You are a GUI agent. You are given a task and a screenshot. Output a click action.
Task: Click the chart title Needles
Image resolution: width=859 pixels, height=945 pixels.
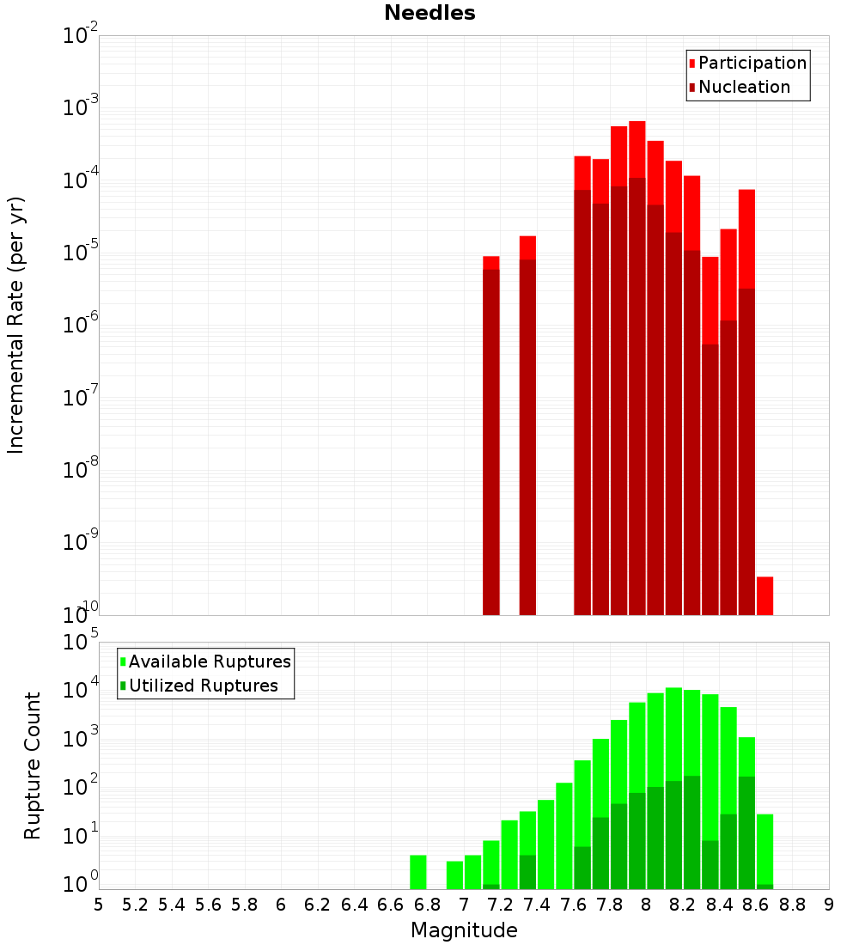click(x=429, y=13)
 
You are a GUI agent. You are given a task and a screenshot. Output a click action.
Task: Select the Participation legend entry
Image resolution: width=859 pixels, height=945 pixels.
click(x=752, y=63)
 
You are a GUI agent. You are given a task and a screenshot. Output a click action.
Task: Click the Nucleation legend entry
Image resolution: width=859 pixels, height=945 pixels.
click(x=743, y=87)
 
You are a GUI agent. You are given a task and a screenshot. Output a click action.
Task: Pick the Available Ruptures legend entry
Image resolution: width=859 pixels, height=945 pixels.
click(x=209, y=661)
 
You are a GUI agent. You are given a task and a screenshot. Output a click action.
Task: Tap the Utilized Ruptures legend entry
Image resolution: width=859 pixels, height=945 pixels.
click(x=203, y=686)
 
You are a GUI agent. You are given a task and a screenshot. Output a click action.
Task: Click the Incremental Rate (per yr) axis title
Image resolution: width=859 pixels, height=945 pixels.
click(x=15, y=325)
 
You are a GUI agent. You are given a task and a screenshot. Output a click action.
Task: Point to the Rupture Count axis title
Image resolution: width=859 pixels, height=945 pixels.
click(x=33, y=765)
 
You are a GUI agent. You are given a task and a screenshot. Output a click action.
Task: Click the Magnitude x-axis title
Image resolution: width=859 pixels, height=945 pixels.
click(x=464, y=930)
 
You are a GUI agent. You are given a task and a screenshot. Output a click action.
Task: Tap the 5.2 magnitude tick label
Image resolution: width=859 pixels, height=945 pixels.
click(x=135, y=905)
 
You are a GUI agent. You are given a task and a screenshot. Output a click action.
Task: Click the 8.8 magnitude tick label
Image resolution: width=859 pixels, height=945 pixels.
click(x=792, y=905)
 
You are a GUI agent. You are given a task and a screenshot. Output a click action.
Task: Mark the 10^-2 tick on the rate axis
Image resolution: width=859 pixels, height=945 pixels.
click(x=81, y=36)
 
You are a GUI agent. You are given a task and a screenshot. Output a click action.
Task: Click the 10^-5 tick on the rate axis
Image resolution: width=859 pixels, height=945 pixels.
click(x=81, y=253)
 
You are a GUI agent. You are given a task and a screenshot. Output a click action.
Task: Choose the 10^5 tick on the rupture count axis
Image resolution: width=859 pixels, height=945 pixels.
click(x=81, y=643)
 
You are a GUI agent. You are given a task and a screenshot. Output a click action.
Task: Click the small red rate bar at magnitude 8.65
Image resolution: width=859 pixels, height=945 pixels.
click(x=765, y=594)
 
